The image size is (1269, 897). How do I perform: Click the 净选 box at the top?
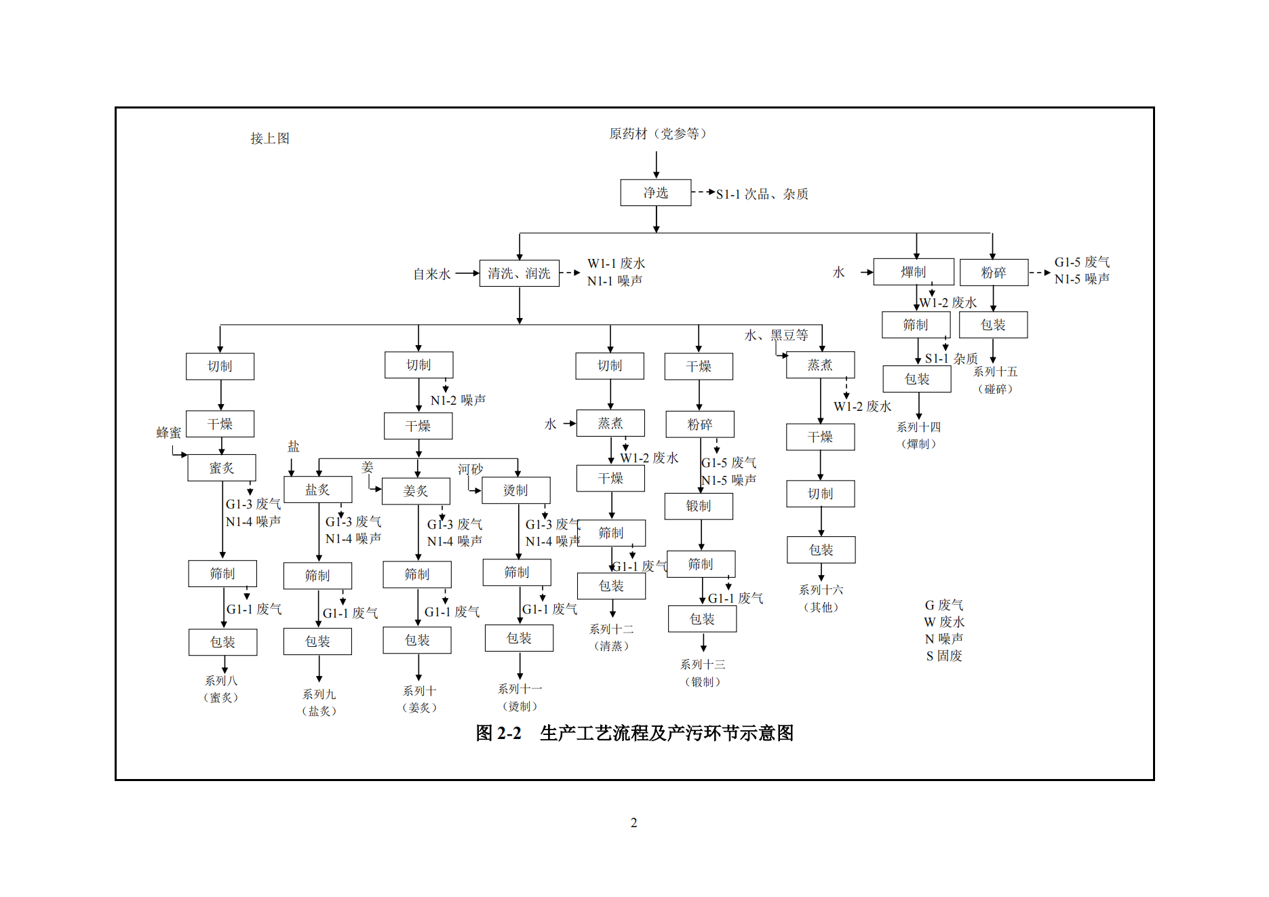click(x=655, y=193)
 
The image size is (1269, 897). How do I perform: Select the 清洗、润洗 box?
click(x=519, y=273)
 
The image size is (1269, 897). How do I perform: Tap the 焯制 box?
click(x=913, y=272)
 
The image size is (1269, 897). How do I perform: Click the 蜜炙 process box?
click(x=221, y=468)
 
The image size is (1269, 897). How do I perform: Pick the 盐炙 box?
click(x=317, y=490)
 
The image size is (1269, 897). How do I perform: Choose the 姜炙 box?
click(x=416, y=491)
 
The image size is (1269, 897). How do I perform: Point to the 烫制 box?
click(x=515, y=490)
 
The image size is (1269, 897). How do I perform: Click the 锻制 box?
click(x=699, y=506)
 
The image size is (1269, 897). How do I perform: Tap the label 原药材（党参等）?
click(x=657, y=134)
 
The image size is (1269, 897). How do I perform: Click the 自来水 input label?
click(x=432, y=274)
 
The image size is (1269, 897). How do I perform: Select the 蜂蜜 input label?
click(x=169, y=433)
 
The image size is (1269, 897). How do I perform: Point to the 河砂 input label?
click(x=470, y=469)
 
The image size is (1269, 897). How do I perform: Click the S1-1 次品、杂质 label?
click(x=762, y=194)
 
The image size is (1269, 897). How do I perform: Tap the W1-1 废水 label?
click(x=616, y=263)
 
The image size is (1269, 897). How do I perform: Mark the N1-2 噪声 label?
click(x=458, y=400)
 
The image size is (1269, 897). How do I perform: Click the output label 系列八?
click(x=221, y=680)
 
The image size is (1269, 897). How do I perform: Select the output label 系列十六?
click(x=821, y=590)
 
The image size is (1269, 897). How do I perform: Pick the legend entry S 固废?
click(x=944, y=656)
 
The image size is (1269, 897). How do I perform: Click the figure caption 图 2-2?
click(x=499, y=733)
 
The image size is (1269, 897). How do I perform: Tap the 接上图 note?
click(x=270, y=138)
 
